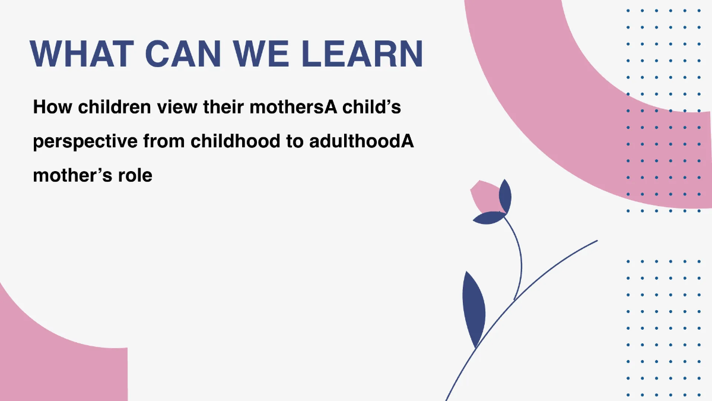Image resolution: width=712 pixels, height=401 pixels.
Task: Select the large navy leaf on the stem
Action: [473, 307]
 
